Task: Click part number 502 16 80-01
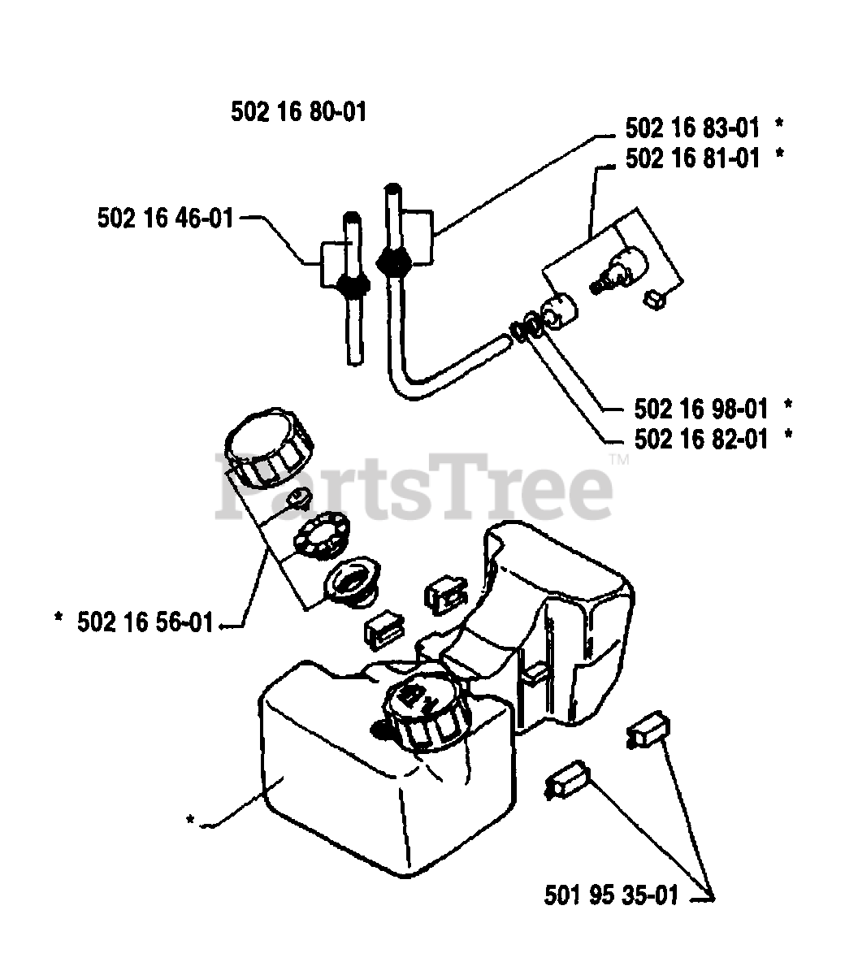tap(298, 111)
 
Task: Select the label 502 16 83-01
tap(692, 128)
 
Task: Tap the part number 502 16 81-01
tap(692, 157)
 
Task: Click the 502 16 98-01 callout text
tap(700, 405)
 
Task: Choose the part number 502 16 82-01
tap(700, 439)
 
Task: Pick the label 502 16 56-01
tap(145, 622)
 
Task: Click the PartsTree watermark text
tap(414, 489)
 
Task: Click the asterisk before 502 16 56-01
tap(58, 621)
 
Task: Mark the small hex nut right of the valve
tap(654, 299)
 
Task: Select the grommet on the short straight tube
tap(352, 284)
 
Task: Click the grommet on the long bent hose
tap(394, 262)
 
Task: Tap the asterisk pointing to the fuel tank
tap(190, 820)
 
